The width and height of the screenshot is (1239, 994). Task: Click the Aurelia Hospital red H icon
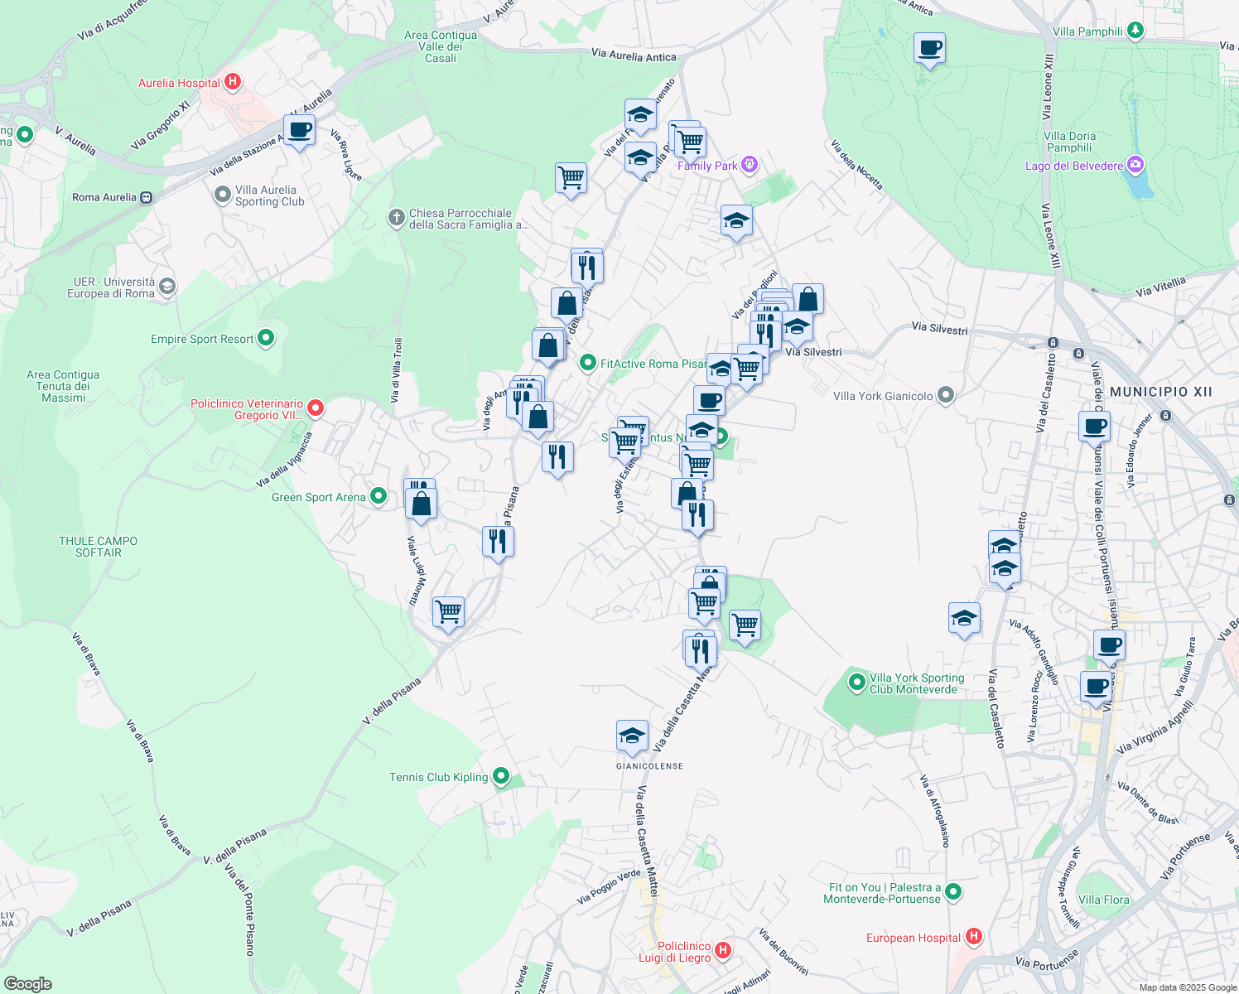[x=233, y=82]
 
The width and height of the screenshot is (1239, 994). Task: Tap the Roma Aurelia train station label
[x=104, y=197]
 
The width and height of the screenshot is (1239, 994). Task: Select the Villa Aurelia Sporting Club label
[x=269, y=195]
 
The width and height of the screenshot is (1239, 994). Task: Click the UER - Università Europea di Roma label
[x=111, y=287]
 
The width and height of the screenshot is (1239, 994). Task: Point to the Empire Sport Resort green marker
[x=266, y=338]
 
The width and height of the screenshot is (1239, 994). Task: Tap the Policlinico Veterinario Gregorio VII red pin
[x=315, y=408]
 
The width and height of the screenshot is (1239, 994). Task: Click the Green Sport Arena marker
[x=378, y=496]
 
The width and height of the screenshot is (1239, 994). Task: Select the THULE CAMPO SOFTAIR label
[x=98, y=547]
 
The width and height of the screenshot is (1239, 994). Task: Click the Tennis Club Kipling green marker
[x=501, y=776]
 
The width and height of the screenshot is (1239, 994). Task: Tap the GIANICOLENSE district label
[x=649, y=766]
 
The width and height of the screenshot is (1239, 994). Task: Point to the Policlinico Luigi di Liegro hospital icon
[x=723, y=949]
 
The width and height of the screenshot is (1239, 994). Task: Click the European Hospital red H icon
[x=974, y=937]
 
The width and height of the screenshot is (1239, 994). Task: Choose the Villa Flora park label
[x=1103, y=900]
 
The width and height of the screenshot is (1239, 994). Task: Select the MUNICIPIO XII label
[x=1160, y=392]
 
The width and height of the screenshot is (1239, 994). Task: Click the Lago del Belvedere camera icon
[x=1135, y=165]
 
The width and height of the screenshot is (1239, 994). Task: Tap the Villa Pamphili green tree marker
[x=1135, y=31]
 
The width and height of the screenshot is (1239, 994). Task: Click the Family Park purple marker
[x=750, y=164]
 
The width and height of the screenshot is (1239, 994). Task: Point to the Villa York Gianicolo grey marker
[x=946, y=395]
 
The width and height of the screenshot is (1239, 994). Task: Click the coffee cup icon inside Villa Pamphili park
[x=929, y=48]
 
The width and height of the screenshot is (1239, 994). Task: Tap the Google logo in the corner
[x=27, y=983]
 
